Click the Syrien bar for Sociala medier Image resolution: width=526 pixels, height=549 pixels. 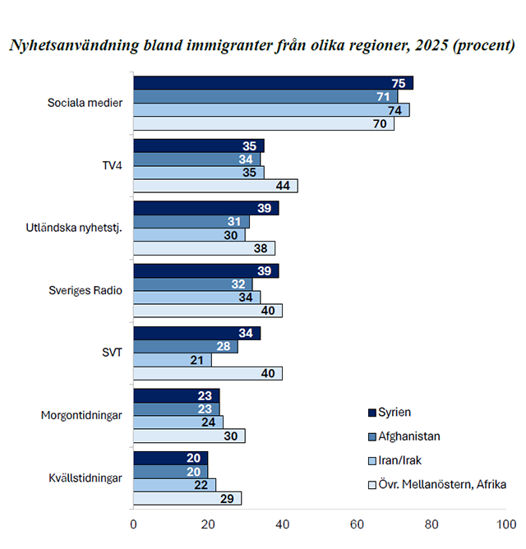click(x=273, y=83)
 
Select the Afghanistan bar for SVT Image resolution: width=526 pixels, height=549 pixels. click(x=186, y=346)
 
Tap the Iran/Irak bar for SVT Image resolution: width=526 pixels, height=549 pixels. click(x=173, y=360)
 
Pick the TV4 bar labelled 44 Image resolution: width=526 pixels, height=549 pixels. click(x=215, y=186)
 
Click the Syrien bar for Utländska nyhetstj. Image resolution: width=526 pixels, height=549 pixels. click(x=206, y=208)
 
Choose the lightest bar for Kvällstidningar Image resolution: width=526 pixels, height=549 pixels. click(x=187, y=498)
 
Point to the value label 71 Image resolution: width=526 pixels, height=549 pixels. click(x=383, y=97)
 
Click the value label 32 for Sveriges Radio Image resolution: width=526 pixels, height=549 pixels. click(x=238, y=284)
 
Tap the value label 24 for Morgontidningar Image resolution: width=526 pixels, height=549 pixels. click(x=209, y=422)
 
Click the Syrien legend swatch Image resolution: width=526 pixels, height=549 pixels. click(x=372, y=413)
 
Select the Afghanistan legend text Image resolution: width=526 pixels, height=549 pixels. click(x=409, y=436)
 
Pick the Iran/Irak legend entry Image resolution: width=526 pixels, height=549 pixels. click(x=394, y=460)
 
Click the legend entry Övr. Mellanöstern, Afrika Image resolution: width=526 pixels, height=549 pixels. click(x=437, y=485)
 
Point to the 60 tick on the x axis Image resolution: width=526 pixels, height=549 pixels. click(x=357, y=524)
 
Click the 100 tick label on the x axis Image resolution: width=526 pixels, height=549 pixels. click(x=506, y=524)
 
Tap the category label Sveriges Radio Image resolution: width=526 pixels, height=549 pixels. click(x=85, y=290)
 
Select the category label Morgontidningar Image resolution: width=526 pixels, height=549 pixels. click(x=81, y=415)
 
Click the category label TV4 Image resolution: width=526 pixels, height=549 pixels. click(x=112, y=165)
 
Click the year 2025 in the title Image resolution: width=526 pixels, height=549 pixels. click(x=431, y=45)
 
